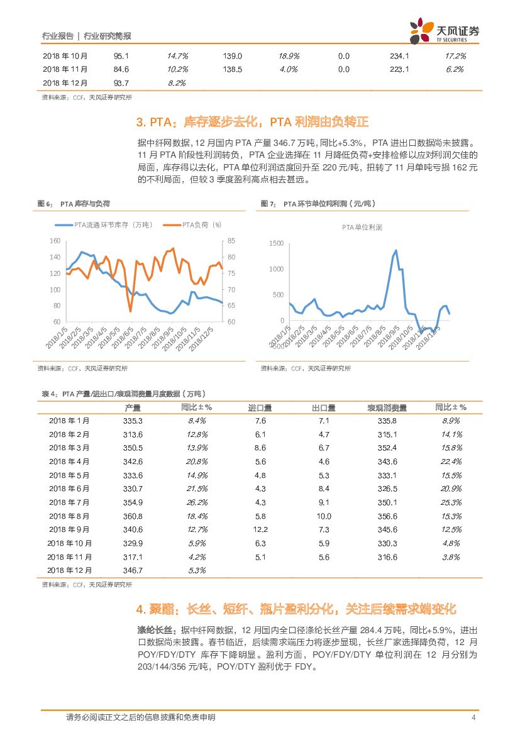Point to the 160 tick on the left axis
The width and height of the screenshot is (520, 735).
(54, 241)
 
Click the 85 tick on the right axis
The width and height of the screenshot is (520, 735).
(231, 241)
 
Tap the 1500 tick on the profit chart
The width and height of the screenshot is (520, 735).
(276, 243)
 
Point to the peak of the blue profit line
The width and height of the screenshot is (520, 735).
(396, 251)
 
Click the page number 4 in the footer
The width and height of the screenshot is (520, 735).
(472, 717)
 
